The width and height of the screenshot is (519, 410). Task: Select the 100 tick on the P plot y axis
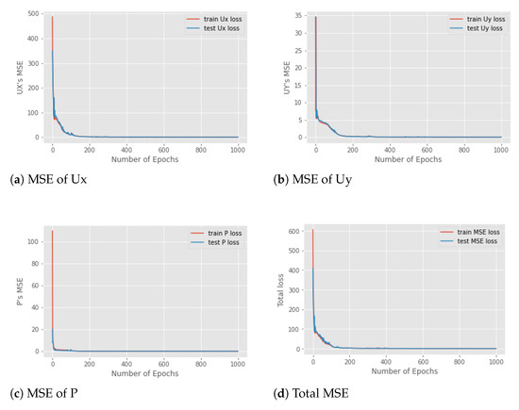coord(34,242)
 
